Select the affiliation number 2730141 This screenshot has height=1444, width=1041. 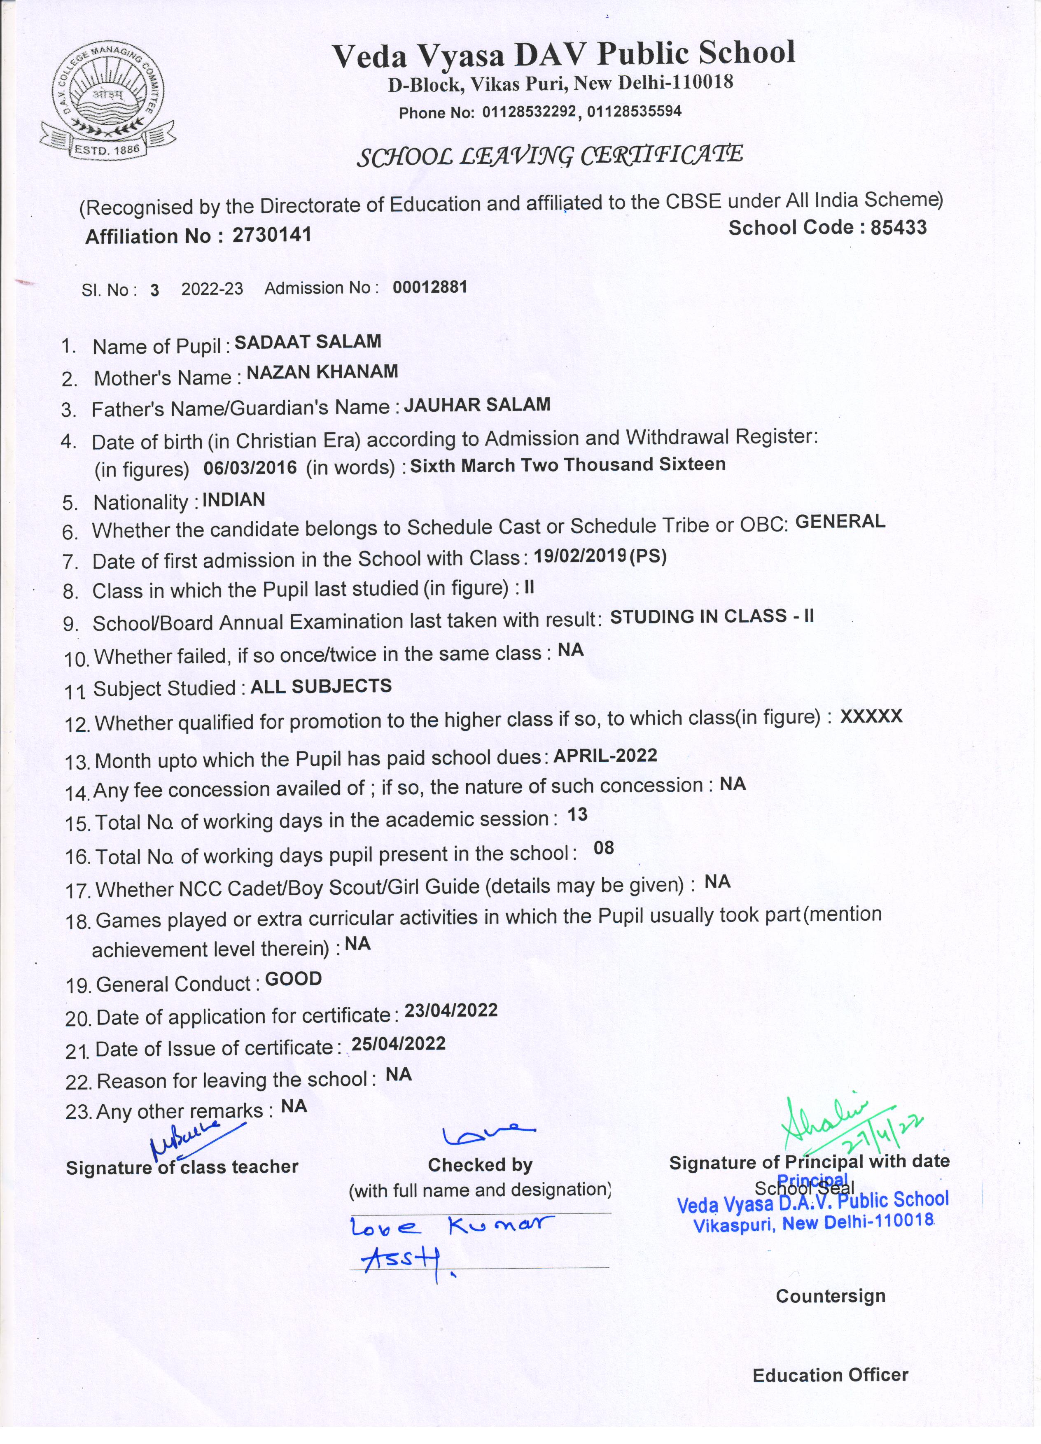tap(272, 235)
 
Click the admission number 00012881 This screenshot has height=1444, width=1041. tap(430, 287)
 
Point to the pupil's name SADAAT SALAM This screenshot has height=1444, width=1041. tap(308, 342)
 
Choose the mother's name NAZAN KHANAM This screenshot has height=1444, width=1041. tap(322, 372)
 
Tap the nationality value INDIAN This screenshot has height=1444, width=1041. tap(233, 500)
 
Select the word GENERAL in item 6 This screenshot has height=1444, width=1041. tap(840, 521)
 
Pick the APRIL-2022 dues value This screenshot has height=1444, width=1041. tap(605, 755)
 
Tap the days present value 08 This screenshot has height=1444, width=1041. tap(604, 847)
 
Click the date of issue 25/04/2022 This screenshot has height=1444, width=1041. tap(399, 1043)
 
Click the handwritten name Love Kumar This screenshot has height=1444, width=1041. tap(452, 1226)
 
